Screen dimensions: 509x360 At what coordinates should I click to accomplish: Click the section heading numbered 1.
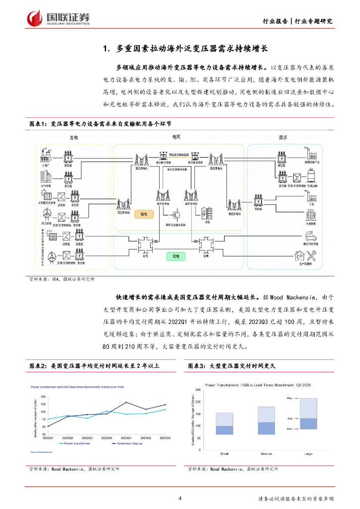[185, 49]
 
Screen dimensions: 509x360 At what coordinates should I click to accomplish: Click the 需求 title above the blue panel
[284, 137]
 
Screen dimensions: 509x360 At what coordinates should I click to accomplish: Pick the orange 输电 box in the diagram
[144, 213]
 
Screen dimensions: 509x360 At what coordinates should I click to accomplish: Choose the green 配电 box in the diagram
[176, 256]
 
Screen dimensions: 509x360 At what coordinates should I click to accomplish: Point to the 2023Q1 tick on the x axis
[126, 437]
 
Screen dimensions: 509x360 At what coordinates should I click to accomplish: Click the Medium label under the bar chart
[266, 454]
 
